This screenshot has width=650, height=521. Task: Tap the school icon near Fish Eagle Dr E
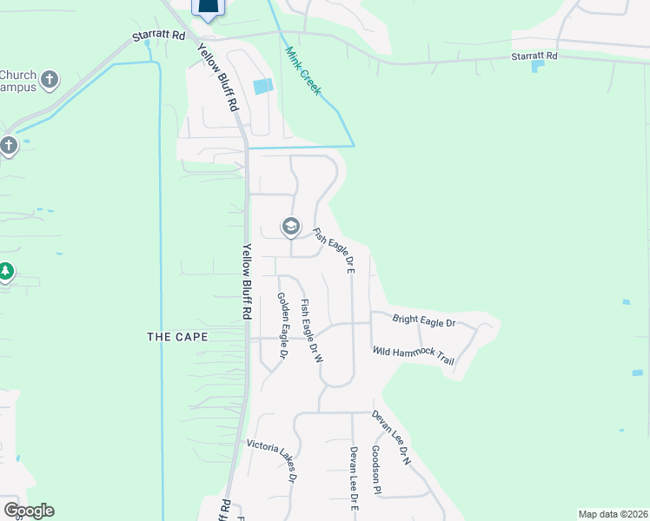[290, 228]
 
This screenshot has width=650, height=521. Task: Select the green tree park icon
[6, 272]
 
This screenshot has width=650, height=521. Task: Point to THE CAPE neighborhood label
[177, 336]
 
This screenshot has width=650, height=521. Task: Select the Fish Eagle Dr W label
[312, 331]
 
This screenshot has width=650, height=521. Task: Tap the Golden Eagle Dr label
[282, 325]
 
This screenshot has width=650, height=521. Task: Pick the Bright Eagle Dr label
[424, 322]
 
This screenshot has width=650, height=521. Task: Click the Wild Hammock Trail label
[414, 355]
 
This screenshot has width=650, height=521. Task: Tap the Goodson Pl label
[376, 470]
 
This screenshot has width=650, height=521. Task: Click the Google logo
[28, 511]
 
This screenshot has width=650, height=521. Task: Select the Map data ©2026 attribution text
[613, 514]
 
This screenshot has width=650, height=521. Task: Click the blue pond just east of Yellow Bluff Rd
[262, 87]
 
